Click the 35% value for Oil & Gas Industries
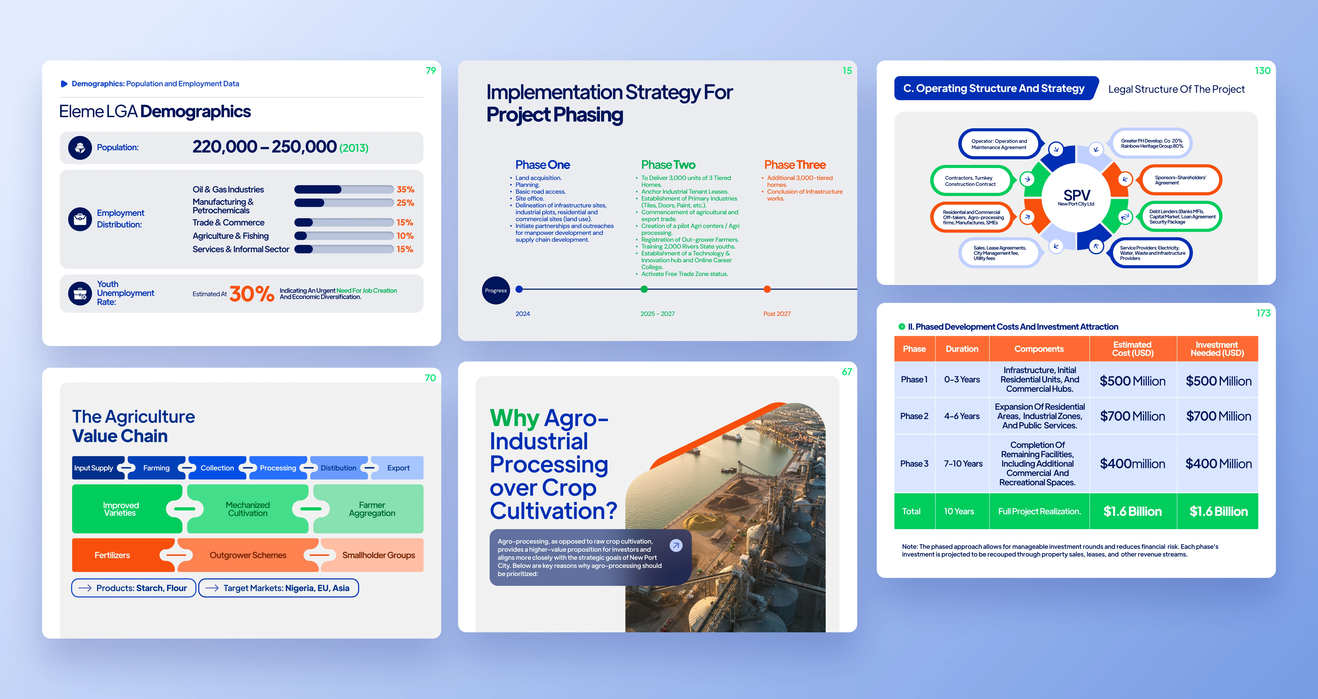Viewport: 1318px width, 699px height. click(x=405, y=189)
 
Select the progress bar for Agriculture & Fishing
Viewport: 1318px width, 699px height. click(x=344, y=236)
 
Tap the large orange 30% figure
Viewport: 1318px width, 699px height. click(x=252, y=294)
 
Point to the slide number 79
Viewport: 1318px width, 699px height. click(x=431, y=71)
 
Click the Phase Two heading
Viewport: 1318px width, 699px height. click(x=668, y=165)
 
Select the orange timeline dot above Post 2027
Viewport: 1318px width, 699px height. click(x=767, y=289)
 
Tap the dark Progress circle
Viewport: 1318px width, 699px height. click(x=496, y=290)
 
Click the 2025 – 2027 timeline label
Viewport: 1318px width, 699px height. click(x=658, y=314)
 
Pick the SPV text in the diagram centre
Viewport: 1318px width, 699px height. click(x=1076, y=195)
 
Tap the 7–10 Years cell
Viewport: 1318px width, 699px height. click(x=963, y=464)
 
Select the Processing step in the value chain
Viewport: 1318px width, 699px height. click(x=278, y=468)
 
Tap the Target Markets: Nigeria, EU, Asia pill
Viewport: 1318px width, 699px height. click(x=278, y=588)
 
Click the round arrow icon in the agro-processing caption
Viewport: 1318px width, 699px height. click(x=676, y=545)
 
